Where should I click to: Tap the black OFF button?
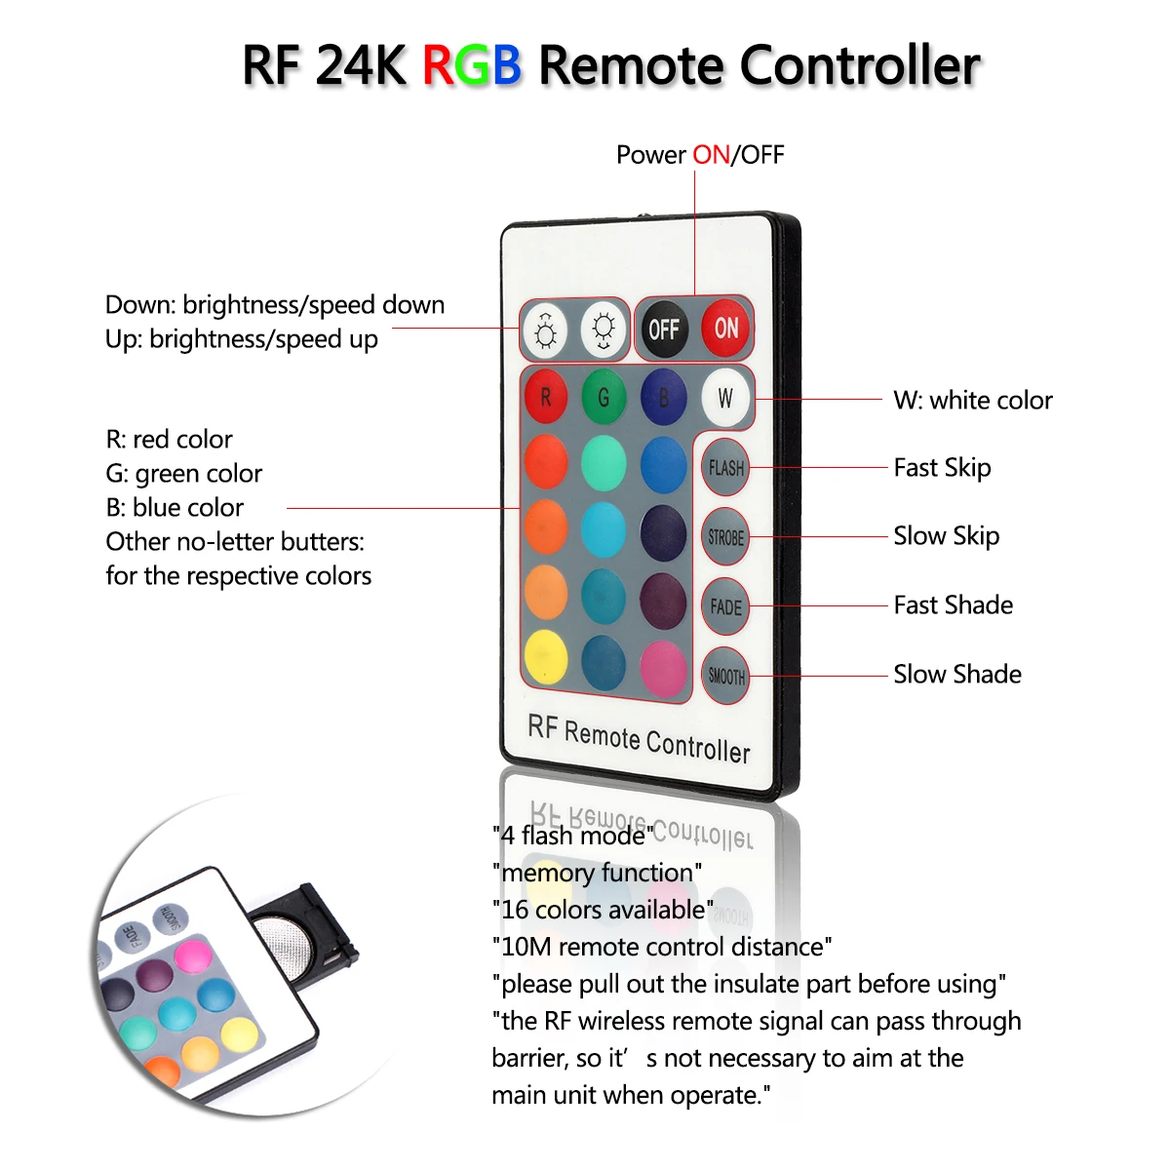tap(664, 330)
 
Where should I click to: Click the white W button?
tap(725, 399)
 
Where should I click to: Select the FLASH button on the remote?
tap(725, 468)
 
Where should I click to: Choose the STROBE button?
tap(725, 536)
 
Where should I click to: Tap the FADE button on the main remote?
tap(725, 605)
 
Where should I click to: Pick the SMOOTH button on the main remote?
tap(725, 676)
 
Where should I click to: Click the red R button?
tap(546, 397)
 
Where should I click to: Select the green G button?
tap(604, 397)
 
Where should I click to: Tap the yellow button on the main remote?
tap(546, 657)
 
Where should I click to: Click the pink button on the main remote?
tap(663, 669)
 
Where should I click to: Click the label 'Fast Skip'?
tap(942, 468)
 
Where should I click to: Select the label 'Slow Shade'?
tap(957, 675)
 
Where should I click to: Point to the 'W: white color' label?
tap(973, 401)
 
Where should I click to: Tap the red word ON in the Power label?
tap(712, 155)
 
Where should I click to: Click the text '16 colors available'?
tap(603, 910)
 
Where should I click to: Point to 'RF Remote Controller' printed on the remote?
tap(640, 739)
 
